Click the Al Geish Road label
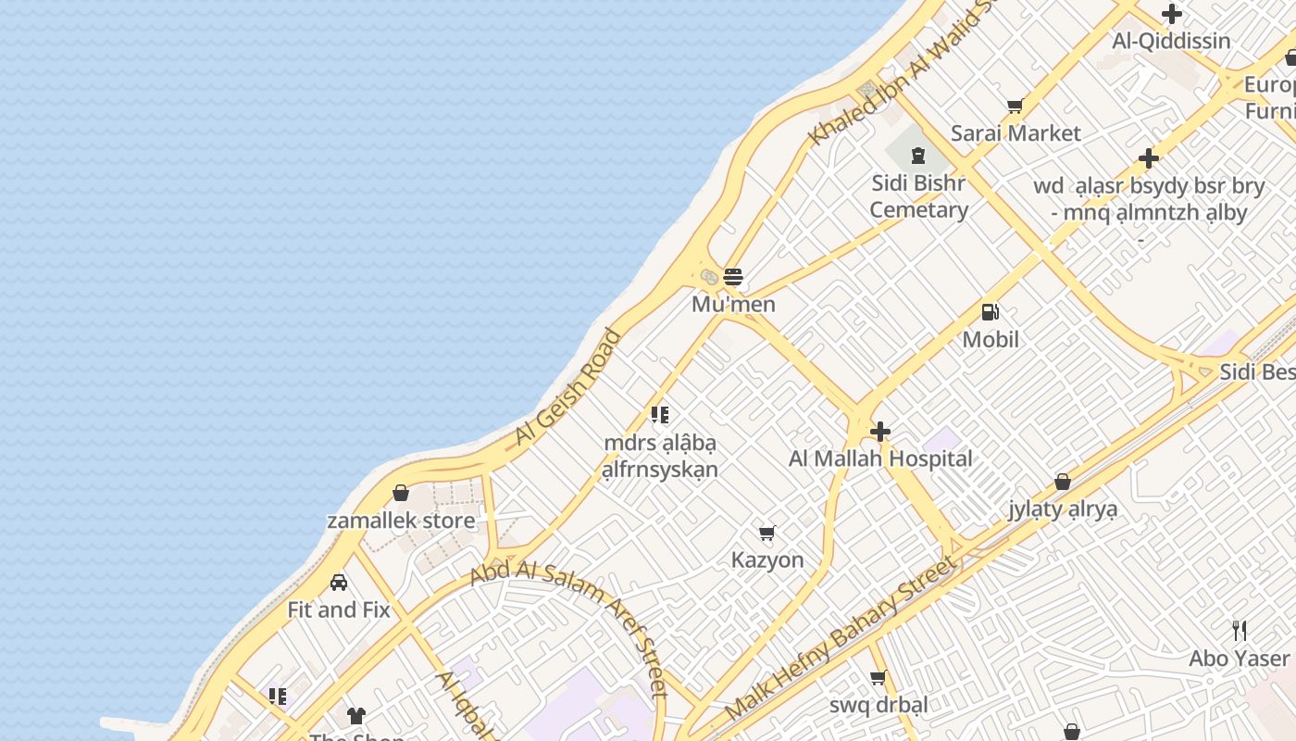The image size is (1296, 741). tap(567, 387)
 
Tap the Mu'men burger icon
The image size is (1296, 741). tap(733, 276)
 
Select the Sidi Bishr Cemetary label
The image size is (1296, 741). tap(918, 196)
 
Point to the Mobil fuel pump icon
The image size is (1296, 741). tap(990, 312)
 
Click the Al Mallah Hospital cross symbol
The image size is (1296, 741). tap(880, 431)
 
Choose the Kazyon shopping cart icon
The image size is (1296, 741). tap(766, 533)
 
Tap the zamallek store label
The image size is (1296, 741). tap(401, 521)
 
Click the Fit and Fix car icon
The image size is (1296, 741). tap(339, 583)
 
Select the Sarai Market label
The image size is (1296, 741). tap(1016, 133)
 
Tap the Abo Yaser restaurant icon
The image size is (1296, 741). tap(1240, 631)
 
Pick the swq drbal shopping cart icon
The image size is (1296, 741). tap(879, 677)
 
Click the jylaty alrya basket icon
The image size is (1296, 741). tap(1063, 482)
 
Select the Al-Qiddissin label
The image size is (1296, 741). tap(1171, 41)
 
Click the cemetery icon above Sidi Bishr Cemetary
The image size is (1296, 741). tap(918, 155)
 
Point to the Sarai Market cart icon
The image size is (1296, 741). tap(1015, 107)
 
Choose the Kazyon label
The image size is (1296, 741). tap(767, 560)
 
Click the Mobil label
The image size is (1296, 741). tap(991, 340)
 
